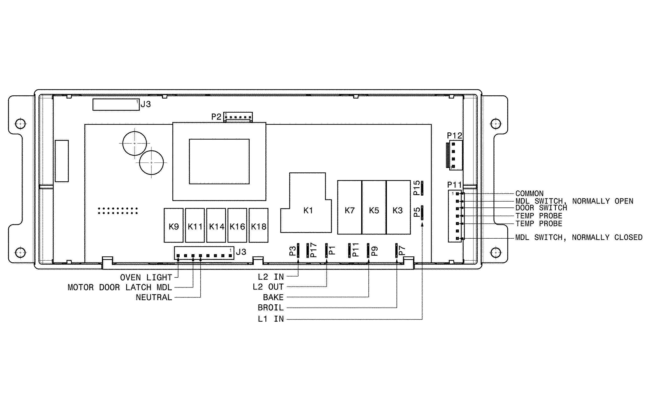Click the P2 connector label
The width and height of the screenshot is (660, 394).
216,117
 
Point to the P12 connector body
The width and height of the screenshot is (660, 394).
455,155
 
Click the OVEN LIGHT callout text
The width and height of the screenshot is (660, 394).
146,277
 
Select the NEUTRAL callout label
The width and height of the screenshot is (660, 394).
154,298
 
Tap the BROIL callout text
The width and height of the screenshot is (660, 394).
271,308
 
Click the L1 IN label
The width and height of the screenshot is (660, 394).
271,319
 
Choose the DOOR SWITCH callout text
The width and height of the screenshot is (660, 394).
541,208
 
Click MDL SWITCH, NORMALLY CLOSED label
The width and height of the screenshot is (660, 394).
579,237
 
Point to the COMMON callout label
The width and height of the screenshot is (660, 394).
529,194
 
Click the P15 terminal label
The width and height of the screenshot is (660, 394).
417,188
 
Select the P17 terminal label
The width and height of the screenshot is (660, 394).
314,250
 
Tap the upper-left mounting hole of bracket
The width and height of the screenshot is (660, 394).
21,124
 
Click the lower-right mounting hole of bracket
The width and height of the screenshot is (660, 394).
495,252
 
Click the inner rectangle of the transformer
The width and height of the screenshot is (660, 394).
219,161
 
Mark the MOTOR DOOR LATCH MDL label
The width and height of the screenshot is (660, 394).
120,288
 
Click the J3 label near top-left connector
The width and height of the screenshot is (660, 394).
146,104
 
